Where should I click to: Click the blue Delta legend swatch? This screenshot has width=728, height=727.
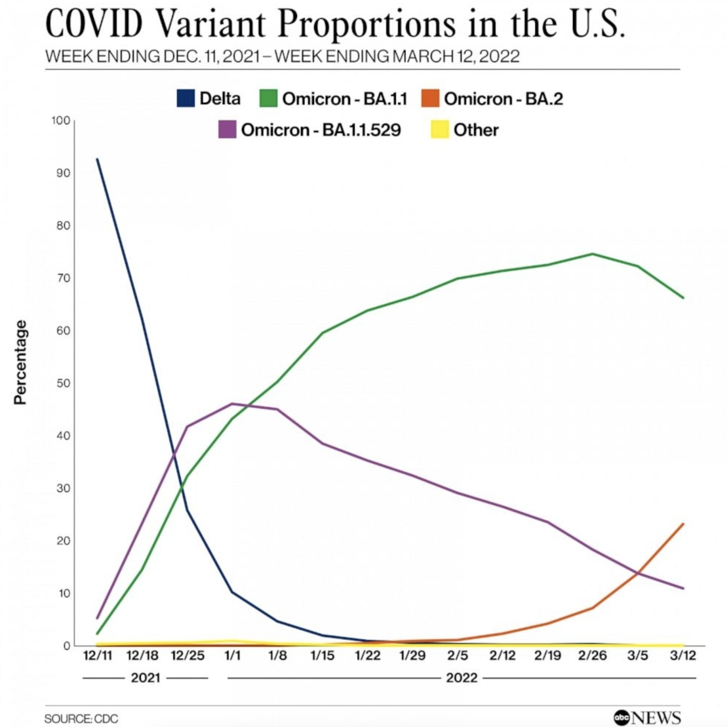point(186,99)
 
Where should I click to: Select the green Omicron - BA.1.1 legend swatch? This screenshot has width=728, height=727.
point(268,99)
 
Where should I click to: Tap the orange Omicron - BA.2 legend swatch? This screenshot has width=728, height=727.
point(430,99)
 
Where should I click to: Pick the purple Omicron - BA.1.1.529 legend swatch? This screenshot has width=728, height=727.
point(227,129)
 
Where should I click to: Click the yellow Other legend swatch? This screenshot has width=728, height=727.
point(440,129)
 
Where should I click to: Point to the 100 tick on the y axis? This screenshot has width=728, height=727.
point(61,120)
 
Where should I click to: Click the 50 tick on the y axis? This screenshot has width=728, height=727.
point(63,383)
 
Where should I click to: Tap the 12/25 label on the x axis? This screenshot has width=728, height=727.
point(188,655)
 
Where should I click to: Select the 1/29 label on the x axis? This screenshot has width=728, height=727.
point(412,655)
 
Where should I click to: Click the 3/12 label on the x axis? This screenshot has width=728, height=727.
point(683,655)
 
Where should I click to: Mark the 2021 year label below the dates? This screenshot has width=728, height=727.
point(145,678)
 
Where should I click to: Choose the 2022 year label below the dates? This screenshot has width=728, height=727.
point(462,678)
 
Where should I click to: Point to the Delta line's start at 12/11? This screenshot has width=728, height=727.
point(97,159)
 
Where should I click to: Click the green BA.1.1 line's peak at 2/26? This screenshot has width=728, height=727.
point(592,254)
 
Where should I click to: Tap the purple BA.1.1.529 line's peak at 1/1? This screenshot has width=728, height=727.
point(232,404)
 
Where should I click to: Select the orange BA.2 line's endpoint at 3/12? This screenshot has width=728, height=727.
point(683,524)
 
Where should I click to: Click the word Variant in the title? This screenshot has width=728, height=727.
point(210,24)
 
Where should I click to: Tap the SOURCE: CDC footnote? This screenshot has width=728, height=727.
point(81,718)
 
